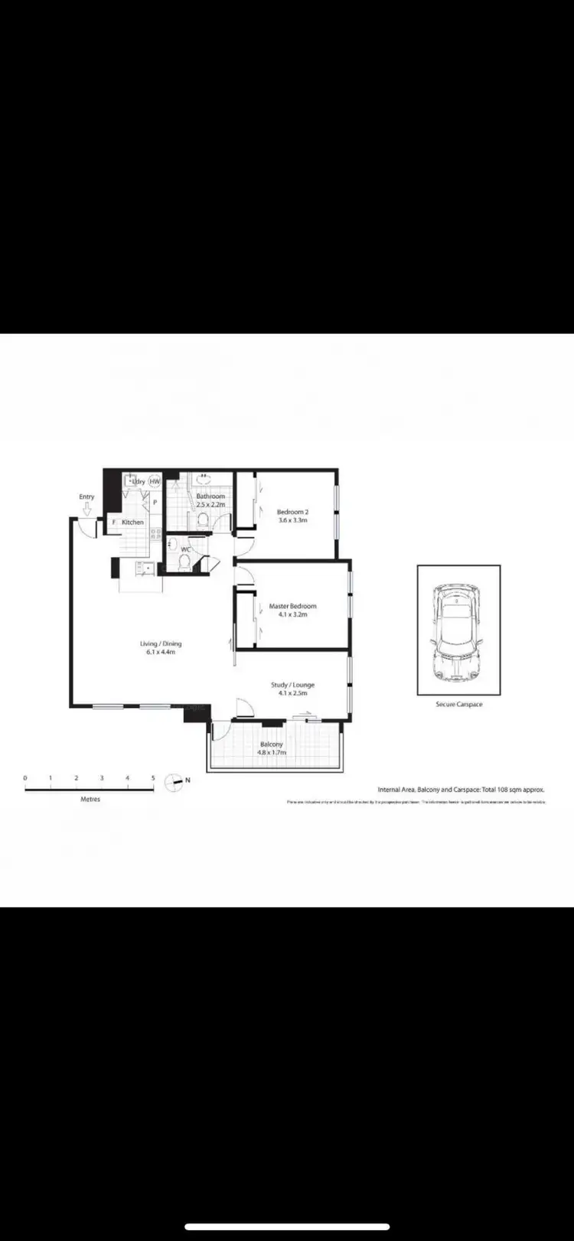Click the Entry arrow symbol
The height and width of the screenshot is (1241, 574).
(87, 508)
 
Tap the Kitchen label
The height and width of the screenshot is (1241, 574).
(132, 522)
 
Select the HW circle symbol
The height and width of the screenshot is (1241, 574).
(155, 482)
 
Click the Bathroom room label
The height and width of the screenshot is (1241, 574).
(210, 497)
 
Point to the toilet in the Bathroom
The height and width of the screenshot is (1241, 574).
(204, 520)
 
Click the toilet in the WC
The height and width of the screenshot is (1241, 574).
(184, 562)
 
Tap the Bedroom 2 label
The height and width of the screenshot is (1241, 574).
(292, 512)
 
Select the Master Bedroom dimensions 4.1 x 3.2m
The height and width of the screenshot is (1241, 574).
(292, 614)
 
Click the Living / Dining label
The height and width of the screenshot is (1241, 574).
(161, 644)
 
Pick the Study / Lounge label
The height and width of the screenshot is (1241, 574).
(292, 685)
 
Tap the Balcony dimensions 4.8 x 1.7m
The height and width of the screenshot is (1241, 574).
(272, 752)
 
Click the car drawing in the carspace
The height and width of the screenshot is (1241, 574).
(458, 632)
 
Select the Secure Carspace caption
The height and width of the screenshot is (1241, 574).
(458, 704)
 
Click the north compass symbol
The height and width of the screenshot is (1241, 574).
(174, 781)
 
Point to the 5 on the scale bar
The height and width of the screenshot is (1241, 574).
(153, 778)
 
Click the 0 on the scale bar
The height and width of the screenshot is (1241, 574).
(25, 778)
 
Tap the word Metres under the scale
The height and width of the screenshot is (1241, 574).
(90, 799)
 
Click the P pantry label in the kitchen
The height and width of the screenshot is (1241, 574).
(155, 503)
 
